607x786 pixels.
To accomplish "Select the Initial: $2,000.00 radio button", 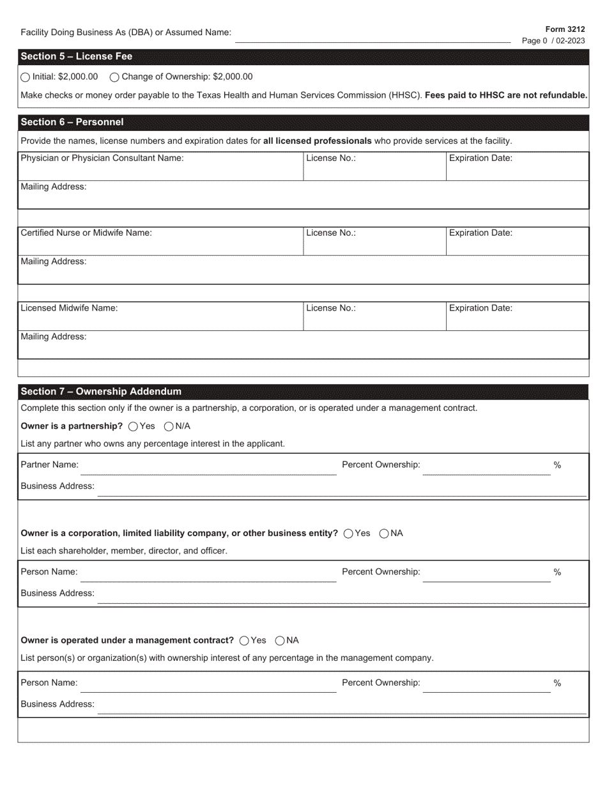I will click(x=25, y=77).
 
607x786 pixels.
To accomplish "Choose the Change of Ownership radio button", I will click(x=114, y=77).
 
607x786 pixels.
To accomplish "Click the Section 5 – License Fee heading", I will click(x=77, y=57).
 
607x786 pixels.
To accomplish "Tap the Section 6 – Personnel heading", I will click(x=72, y=122).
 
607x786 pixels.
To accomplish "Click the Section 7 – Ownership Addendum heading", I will click(x=101, y=392).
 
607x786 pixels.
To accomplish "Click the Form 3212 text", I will click(x=565, y=29).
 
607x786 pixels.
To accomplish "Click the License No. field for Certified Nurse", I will click(x=374, y=245).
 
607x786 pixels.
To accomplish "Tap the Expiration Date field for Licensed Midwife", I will click(x=516, y=320).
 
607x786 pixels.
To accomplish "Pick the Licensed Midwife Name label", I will click(x=69, y=308).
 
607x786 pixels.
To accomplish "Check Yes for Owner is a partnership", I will click(x=134, y=426).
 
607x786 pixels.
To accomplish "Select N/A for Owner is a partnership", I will click(x=169, y=426).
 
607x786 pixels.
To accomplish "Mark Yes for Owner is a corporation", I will click(x=348, y=534).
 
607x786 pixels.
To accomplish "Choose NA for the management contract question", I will click(x=280, y=641).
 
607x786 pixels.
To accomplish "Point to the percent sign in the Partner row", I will click(x=557, y=465).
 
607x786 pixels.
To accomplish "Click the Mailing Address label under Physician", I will click(x=54, y=187).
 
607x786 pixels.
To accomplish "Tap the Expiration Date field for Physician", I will click(x=516, y=170).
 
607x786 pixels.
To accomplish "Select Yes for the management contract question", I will click(x=244, y=641).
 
